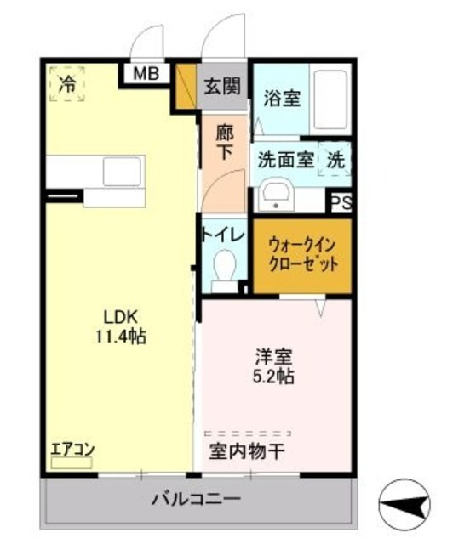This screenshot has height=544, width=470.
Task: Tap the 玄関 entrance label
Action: coord(223,86)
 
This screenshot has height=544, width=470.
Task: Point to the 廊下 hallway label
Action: coord(225,142)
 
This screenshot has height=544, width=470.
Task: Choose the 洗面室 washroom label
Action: coord(280,158)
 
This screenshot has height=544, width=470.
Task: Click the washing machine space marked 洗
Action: coord(335,158)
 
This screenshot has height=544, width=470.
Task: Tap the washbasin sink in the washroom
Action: coord(274,195)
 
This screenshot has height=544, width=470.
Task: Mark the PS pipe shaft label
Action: coord(341,202)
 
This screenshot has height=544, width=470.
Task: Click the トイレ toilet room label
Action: coord(224,233)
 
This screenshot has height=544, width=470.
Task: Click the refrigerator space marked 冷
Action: coord(66,83)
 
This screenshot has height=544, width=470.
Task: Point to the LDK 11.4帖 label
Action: coord(120,326)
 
